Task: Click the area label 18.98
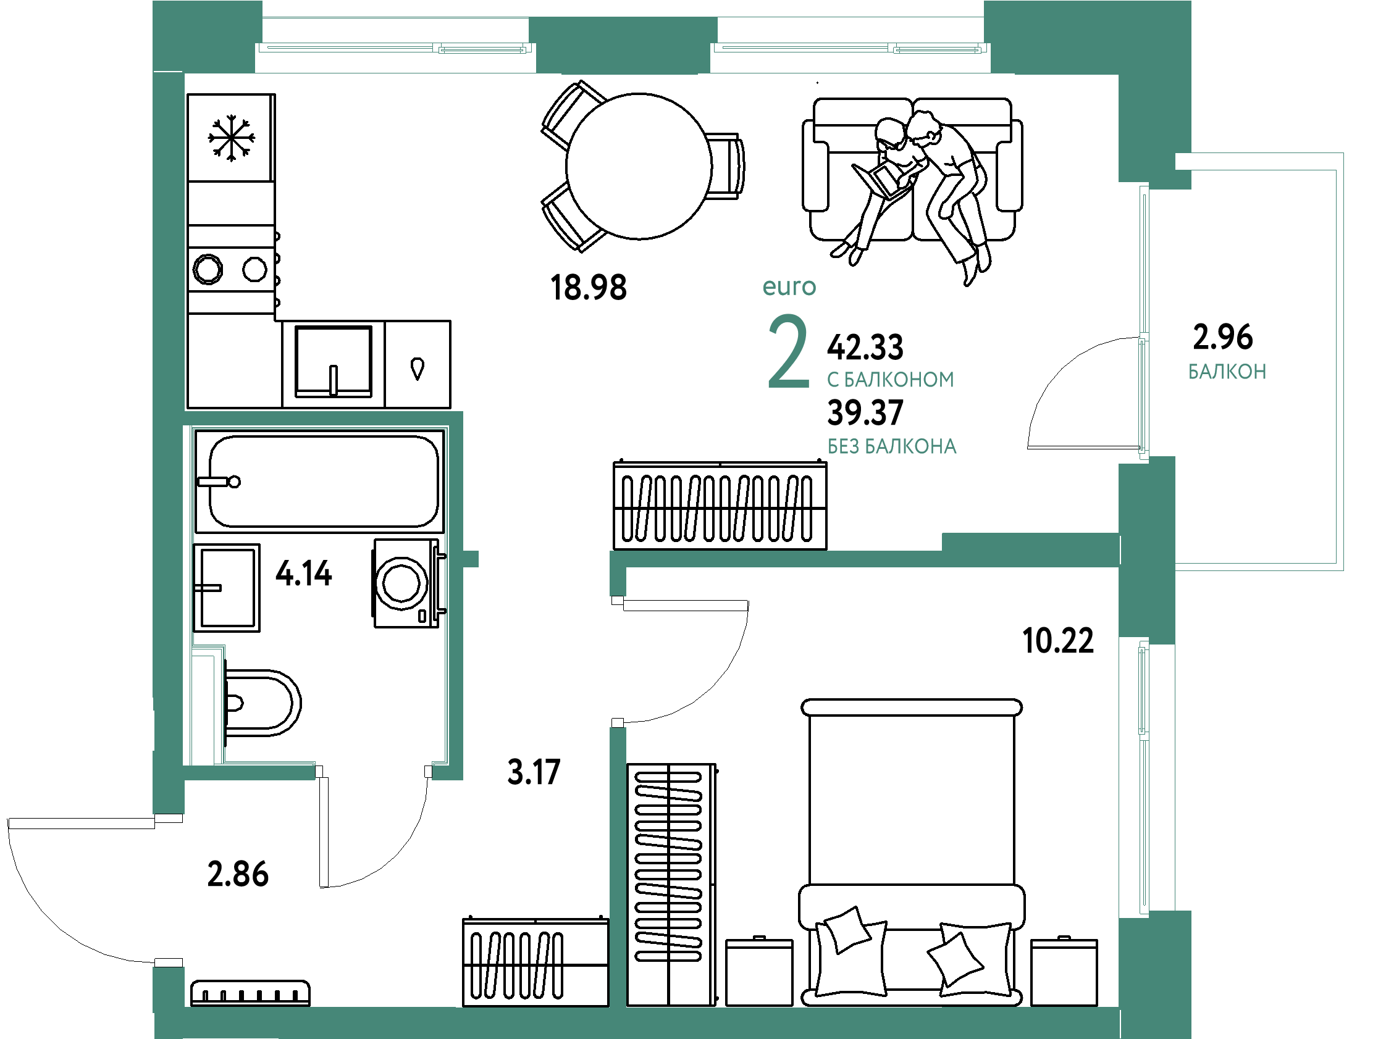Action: (588, 288)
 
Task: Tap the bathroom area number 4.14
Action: (304, 573)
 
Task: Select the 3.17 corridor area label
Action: (533, 772)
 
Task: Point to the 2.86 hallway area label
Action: (237, 874)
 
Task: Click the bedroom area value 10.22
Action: (1058, 640)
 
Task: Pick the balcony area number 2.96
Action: (1222, 337)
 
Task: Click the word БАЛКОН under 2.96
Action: (1227, 372)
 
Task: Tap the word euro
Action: (789, 287)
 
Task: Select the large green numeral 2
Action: (788, 352)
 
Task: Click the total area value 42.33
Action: (865, 347)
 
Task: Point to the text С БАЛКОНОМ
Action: (891, 380)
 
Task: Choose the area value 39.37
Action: (865, 413)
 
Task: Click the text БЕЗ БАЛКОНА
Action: (892, 446)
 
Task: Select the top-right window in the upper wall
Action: (850, 48)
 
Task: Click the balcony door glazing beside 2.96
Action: (1143, 322)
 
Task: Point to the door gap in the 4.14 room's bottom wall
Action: (374, 772)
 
